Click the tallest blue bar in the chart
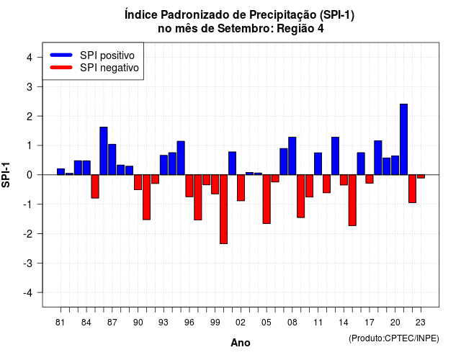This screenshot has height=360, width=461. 403,139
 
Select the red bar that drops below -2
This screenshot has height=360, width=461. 223,210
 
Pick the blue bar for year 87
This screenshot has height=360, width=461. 112,160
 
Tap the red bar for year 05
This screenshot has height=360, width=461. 267,199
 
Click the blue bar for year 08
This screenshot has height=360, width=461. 292,156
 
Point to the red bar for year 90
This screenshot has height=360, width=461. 138,182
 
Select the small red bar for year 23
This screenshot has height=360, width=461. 421,176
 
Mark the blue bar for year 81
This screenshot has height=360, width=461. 61,171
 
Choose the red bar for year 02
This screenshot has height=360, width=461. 241,188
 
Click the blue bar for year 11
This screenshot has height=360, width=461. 318,163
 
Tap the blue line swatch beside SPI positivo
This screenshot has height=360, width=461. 61,55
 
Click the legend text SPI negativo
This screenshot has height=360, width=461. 109,68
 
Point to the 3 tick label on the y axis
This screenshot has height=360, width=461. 30,86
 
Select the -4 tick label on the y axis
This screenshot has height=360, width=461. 28,293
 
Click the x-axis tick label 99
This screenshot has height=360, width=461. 215,323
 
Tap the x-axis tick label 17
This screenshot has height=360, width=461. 370,323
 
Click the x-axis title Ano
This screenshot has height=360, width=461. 241,343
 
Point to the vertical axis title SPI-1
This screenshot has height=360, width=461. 6,175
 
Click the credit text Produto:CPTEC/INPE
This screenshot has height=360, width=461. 394,338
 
